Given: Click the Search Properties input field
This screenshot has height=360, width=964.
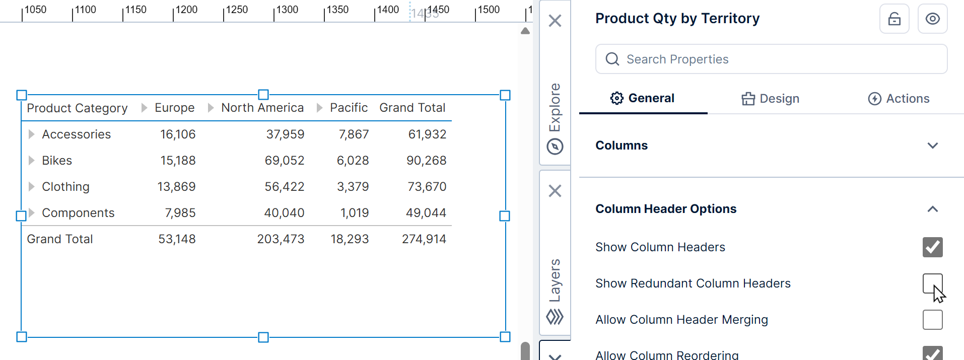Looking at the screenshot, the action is (771, 59).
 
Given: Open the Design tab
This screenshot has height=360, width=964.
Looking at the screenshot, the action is (770, 99).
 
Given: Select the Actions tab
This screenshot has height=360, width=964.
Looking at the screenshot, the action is (899, 99).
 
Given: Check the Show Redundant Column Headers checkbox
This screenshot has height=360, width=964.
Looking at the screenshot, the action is (932, 283).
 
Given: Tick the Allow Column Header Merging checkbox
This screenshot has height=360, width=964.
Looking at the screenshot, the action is (932, 320).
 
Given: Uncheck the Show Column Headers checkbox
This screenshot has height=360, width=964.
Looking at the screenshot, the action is (932, 247).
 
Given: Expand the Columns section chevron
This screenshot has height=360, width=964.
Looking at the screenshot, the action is (932, 146).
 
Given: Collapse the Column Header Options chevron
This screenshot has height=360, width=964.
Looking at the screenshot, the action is (932, 209).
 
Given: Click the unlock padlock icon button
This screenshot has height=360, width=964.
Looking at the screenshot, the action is (894, 19).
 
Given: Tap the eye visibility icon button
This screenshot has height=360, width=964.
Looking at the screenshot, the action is (932, 19).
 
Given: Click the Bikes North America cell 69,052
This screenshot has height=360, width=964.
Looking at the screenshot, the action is (285, 161).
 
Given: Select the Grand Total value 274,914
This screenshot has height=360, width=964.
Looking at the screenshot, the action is (424, 239).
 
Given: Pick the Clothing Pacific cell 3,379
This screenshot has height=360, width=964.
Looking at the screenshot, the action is (353, 187).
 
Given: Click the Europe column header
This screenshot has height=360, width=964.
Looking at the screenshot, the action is (174, 108).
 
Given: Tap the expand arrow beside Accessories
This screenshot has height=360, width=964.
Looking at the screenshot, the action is (31, 134).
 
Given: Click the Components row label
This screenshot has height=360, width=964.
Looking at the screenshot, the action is (78, 213).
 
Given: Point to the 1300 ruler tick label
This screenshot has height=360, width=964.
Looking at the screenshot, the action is (287, 10).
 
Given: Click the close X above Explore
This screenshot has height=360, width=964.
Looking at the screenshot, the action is (555, 21).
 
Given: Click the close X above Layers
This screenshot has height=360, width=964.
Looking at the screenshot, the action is (555, 191).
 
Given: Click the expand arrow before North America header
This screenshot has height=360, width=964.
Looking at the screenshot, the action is (211, 108).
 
